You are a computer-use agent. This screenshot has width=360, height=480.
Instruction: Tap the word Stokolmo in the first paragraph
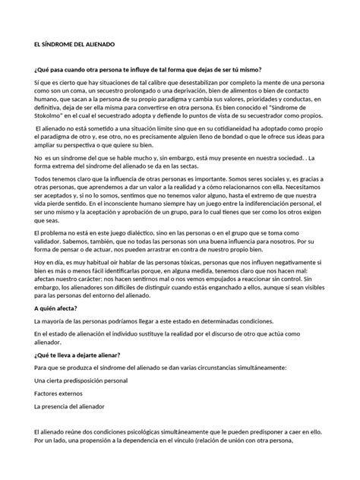[x=56, y=140]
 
